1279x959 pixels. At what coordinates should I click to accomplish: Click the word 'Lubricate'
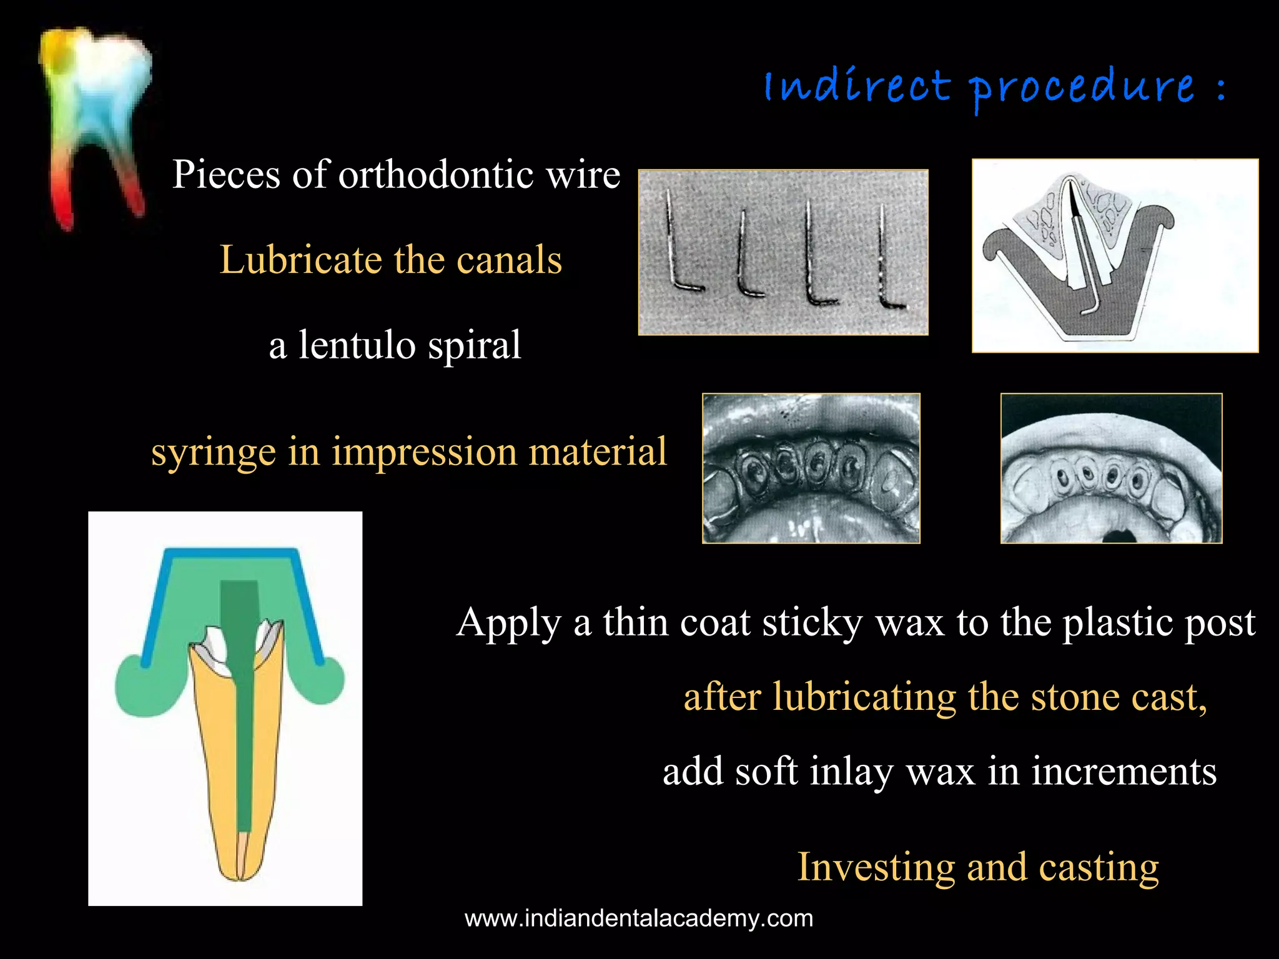click(300, 260)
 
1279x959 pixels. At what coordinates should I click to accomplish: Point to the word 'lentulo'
click(350, 345)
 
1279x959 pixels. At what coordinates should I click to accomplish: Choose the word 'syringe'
click(213, 452)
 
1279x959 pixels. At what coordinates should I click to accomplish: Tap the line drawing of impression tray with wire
click(1115, 256)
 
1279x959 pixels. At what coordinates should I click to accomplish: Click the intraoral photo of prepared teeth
click(811, 468)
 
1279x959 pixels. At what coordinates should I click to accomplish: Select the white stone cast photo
click(1111, 468)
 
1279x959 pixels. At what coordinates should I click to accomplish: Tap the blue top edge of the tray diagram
click(231, 552)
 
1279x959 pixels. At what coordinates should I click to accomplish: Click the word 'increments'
click(1123, 772)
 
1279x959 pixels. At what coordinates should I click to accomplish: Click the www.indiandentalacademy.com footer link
click(639, 919)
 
